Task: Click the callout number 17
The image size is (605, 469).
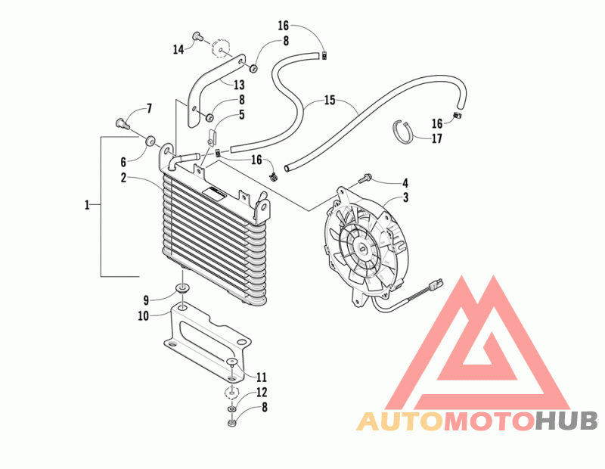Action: coord(436,138)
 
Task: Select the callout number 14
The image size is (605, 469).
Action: coord(178,49)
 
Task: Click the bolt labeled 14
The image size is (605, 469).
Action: coord(198,37)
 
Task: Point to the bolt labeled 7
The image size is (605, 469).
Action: coord(122,124)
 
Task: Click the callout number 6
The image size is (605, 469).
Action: coord(123,162)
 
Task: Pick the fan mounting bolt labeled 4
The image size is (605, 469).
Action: coord(365,179)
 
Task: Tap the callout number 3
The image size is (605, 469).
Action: coord(405,197)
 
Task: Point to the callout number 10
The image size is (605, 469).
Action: coord(143,315)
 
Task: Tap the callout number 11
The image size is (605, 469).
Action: coord(262,377)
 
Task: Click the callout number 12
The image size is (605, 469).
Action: coord(262,392)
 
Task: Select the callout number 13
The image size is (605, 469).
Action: coord(239,85)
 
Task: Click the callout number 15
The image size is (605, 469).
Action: coord(330,101)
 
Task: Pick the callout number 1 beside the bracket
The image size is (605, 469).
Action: coord(87,204)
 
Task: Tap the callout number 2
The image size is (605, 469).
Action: coord(123,178)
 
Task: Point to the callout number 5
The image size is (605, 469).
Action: coord(242,115)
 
